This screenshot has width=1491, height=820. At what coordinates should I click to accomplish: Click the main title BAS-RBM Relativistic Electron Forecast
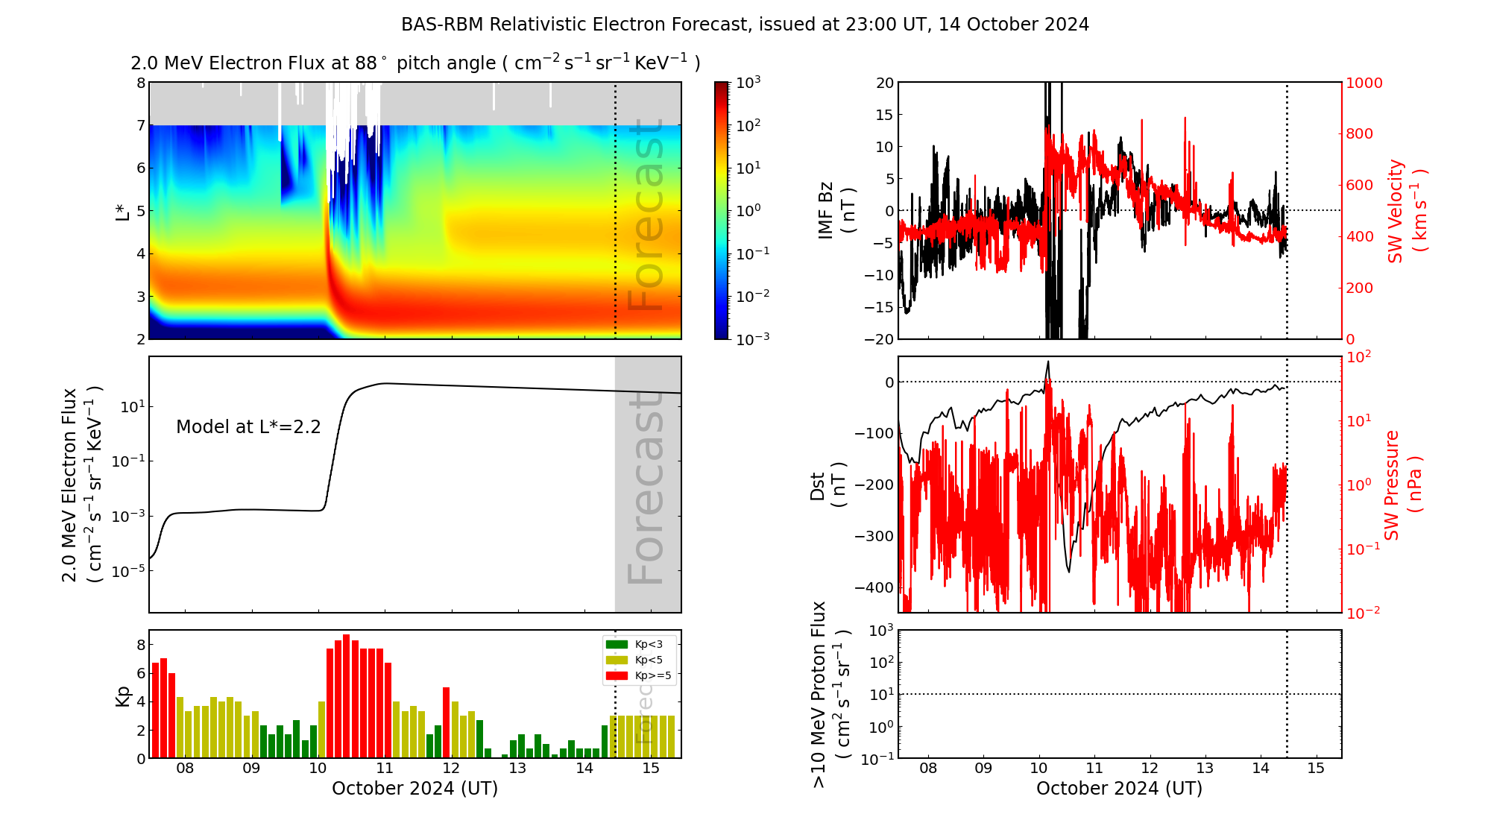pos(745,25)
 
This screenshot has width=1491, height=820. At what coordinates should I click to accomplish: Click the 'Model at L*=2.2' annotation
pos(248,427)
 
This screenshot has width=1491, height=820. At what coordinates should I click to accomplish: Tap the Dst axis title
pos(828,485)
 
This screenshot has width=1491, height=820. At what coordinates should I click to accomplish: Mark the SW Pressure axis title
pos(1402,485)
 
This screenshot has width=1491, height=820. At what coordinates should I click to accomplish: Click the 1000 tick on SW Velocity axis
pos(1364,83)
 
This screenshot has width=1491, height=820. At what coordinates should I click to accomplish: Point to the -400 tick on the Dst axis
pos(874,587)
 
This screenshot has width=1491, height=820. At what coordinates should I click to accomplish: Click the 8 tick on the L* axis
pos(140,83)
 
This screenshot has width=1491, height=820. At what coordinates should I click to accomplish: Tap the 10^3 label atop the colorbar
pos(748,83)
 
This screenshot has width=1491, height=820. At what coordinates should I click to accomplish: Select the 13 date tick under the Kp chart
pos(517,769)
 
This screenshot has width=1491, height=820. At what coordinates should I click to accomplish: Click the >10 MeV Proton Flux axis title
pos(830,694)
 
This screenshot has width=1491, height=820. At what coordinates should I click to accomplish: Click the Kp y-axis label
pos(123,696)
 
